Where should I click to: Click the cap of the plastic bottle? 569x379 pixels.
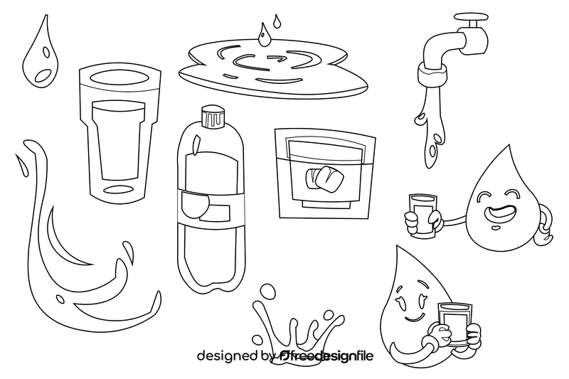pos(211,114)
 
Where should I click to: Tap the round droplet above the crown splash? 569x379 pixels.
pos(268,291)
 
